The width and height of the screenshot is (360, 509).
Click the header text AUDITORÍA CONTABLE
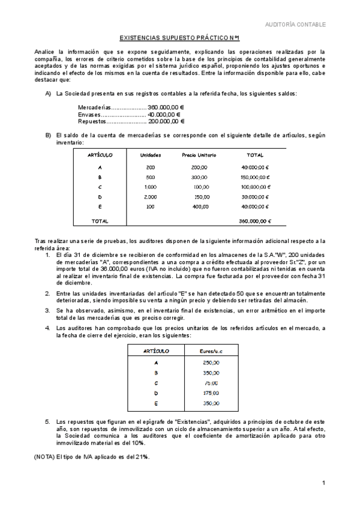(296, 25)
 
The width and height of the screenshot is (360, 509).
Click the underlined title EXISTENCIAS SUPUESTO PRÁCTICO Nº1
(179, 38)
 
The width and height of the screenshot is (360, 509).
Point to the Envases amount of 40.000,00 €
(164, 113)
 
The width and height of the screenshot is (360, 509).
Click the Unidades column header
(150, 155)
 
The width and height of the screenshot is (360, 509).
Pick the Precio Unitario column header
(199, 155)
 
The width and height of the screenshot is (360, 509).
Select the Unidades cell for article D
(150, 196)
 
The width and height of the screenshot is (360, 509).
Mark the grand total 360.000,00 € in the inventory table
(254, 221)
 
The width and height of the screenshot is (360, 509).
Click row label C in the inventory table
(100, 187)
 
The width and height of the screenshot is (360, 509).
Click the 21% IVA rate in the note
(142, 457)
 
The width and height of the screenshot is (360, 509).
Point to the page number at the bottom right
(323, 483)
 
